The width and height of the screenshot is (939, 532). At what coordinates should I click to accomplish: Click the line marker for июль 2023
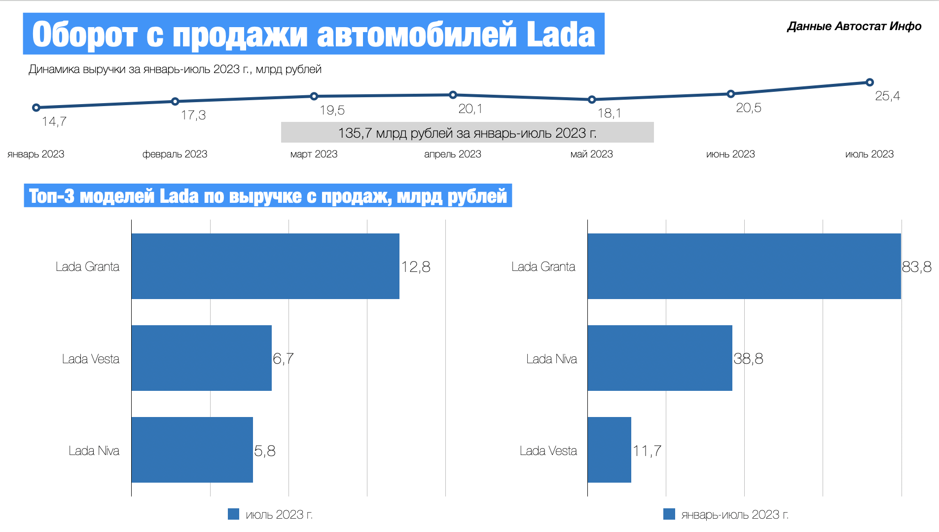[869, 82]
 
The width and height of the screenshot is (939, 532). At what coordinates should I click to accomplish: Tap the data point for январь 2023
[36, 108]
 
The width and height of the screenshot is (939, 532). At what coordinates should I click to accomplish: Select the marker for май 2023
[592, 100]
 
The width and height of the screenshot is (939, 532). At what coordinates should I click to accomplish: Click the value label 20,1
[470, 109]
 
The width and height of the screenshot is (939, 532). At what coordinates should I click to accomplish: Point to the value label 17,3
[193, 115]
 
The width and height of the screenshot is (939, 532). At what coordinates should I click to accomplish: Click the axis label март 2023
[314, 154]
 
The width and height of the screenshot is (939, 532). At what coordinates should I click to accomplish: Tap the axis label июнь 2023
[730, 154]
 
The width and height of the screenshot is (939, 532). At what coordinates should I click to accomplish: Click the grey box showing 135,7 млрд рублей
[467, 133]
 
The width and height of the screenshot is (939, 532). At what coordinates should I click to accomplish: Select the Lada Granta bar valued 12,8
[265, 266]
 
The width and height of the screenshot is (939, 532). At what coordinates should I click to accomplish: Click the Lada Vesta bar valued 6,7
[201, 358]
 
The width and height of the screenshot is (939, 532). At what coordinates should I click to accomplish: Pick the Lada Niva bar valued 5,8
[192, 450]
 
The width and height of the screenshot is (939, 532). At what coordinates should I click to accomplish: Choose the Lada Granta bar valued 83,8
[744, 266]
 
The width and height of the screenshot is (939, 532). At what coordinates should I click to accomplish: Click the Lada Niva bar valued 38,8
[659, 358]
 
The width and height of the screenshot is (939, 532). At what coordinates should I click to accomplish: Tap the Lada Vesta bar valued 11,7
[609, 450]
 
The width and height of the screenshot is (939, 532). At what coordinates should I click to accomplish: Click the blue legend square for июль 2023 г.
[233, 514]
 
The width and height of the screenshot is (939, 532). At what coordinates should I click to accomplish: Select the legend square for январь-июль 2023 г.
[669, 514]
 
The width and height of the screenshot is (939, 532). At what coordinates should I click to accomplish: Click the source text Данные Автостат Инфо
[854, 26]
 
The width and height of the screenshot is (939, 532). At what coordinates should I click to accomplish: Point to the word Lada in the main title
[561, 35]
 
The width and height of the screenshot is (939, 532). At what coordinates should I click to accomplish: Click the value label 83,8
[917, 267]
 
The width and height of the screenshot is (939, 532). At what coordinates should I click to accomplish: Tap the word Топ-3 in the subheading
[51, 196]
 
